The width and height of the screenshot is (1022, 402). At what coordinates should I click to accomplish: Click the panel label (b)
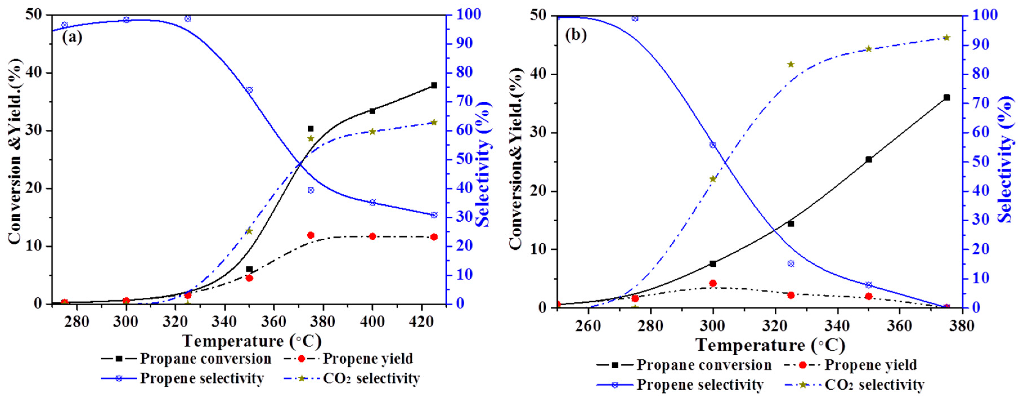[576, 35]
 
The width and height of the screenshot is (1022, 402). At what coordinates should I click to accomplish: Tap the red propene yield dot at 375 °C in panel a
[311, 235]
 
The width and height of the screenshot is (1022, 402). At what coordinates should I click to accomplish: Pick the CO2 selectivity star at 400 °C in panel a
[372, 132]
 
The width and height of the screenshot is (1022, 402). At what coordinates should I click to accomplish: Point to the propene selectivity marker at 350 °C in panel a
[249, 90]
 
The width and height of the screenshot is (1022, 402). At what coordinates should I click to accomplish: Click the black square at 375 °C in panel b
[947, 97]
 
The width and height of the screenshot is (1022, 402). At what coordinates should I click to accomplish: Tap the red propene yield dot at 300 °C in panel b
[713, 283]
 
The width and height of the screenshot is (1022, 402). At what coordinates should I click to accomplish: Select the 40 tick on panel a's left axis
[34, 73]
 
